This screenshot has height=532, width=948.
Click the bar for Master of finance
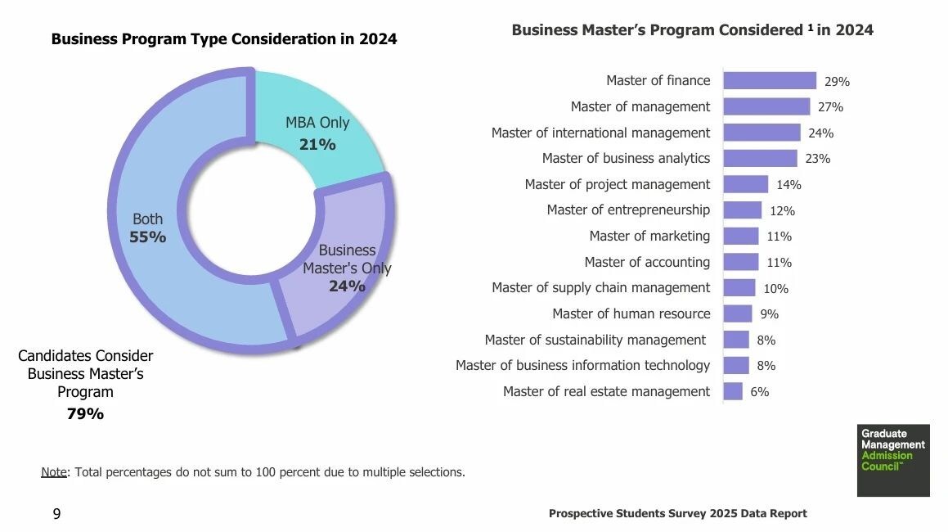(x=770, y=80)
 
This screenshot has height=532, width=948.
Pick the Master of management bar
(x=766, y=106)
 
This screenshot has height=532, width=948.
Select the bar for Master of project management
(x=746, y=184)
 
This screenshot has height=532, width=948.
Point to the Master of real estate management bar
(x=733, y=391)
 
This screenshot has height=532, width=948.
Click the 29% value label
(x=837, y=82)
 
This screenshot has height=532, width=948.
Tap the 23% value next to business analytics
(x=817, y=159)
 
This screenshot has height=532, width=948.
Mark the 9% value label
(x=769, y=314)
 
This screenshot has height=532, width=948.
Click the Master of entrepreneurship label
(x=628, y=210)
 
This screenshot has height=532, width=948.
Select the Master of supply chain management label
(x=600, y=287)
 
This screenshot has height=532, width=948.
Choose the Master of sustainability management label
(x=595, y=340)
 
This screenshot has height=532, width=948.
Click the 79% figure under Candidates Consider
(x=85, y=414)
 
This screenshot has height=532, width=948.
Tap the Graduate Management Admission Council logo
(x=893, y=460)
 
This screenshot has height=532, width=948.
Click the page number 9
(x=56, y=514)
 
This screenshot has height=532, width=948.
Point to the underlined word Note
(x=55, y=472)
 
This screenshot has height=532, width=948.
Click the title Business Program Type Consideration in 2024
(x=224, y=38)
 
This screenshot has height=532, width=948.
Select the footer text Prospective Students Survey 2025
(x=677, y=514)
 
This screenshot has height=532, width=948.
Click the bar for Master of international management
(x=762, y=133)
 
